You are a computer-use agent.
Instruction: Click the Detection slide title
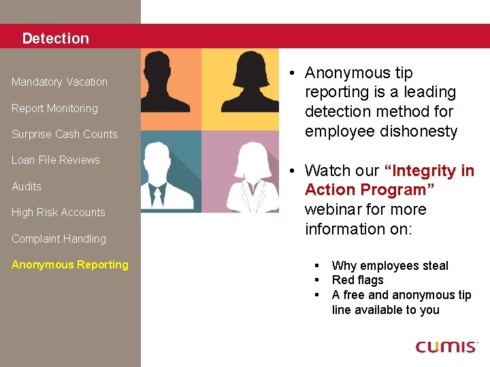(55, 39)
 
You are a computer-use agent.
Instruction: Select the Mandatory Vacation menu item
(59, 82)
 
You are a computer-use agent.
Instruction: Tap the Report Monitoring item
(54, 108)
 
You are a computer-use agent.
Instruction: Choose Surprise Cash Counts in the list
(64, 135)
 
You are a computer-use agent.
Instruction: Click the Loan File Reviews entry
(55, 160)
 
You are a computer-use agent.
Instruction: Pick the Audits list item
(27, 186)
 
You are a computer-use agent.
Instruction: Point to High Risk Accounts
(58, 213)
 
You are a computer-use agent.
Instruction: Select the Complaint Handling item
(59, 239)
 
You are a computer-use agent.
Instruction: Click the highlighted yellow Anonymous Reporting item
(69, 265)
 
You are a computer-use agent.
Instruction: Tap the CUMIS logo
(446, 347)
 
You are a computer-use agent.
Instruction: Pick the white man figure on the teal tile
(161, 178)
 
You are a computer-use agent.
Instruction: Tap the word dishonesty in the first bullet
(414, 132)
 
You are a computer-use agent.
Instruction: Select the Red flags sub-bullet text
(357, 280)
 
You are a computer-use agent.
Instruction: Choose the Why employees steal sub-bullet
(390, 266)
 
